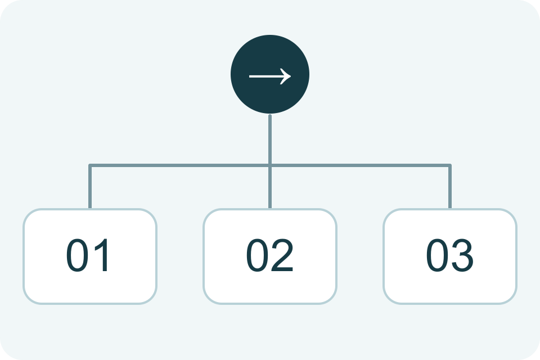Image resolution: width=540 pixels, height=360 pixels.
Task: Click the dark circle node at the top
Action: (270, 74)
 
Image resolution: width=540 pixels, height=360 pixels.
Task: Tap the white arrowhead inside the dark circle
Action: (286, 76)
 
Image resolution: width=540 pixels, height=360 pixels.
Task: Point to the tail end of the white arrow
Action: (249, 76)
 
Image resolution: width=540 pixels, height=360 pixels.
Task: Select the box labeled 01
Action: (90, 256)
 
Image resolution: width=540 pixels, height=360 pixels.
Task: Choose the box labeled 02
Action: (270, 256)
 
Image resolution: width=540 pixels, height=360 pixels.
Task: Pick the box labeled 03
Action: (450, 256)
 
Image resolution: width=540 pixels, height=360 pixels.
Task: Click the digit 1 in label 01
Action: (102, 255)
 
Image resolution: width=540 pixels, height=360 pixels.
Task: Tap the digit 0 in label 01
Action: (78, 255)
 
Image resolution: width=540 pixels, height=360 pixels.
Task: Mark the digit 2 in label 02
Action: (282, 255)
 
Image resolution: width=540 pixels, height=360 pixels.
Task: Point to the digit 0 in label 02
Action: (257, 255)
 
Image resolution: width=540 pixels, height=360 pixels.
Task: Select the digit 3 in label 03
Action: (462, 255)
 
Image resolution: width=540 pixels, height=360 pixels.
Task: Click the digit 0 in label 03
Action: (438, 255)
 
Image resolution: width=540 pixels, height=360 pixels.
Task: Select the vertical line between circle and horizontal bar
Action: (270, 139)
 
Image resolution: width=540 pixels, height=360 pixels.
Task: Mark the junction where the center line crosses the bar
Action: (270, 166)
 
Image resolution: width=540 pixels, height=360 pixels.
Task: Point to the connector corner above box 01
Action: (90, 166)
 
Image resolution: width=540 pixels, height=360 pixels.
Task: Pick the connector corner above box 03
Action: (450, 166)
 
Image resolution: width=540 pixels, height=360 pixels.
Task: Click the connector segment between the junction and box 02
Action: (270, 188)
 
